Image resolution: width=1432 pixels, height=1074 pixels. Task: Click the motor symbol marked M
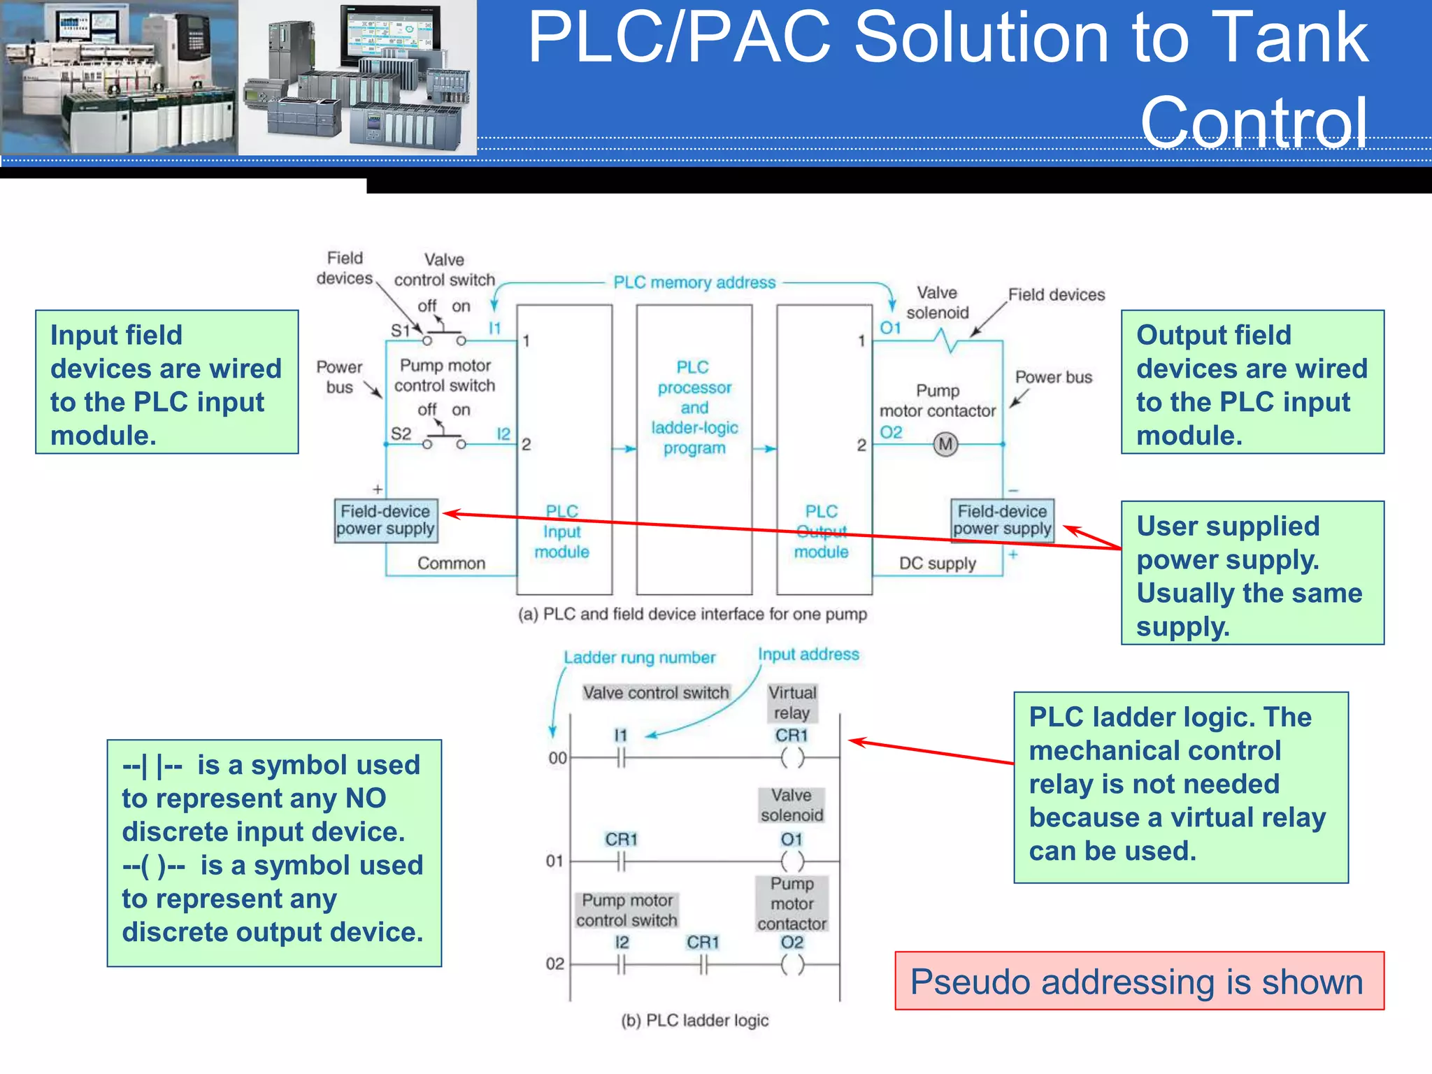point(945,444)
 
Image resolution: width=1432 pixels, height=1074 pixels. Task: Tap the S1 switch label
point(400,330)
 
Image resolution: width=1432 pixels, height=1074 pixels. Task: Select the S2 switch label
point(401,434)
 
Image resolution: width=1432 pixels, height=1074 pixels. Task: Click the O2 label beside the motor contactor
point(891,432)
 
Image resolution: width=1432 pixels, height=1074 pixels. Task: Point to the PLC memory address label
point(694,282)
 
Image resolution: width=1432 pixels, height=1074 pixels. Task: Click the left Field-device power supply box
point(386,520)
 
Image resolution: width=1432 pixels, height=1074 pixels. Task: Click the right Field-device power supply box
point(1002,520)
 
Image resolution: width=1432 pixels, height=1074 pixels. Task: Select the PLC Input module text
point(562,531)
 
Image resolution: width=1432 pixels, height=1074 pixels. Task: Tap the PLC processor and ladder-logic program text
point(694,408)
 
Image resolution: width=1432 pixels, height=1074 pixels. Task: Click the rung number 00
point(557,758)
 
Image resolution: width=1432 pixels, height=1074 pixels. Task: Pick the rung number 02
point(554,964)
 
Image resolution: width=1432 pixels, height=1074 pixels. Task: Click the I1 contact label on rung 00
point(621,736)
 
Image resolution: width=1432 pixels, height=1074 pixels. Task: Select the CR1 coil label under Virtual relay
point(792,736)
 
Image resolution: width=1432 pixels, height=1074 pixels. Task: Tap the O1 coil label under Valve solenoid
point(792,839)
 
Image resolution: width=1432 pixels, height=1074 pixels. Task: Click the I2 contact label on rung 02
point(622,943)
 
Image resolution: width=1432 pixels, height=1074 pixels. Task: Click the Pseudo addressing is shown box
point(1139,981)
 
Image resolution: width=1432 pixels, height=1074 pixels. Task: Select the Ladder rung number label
point(640,657)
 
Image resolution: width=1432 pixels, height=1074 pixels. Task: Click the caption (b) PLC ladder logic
point(694,1020)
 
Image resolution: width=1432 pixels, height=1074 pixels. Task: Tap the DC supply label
point(937,564)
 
